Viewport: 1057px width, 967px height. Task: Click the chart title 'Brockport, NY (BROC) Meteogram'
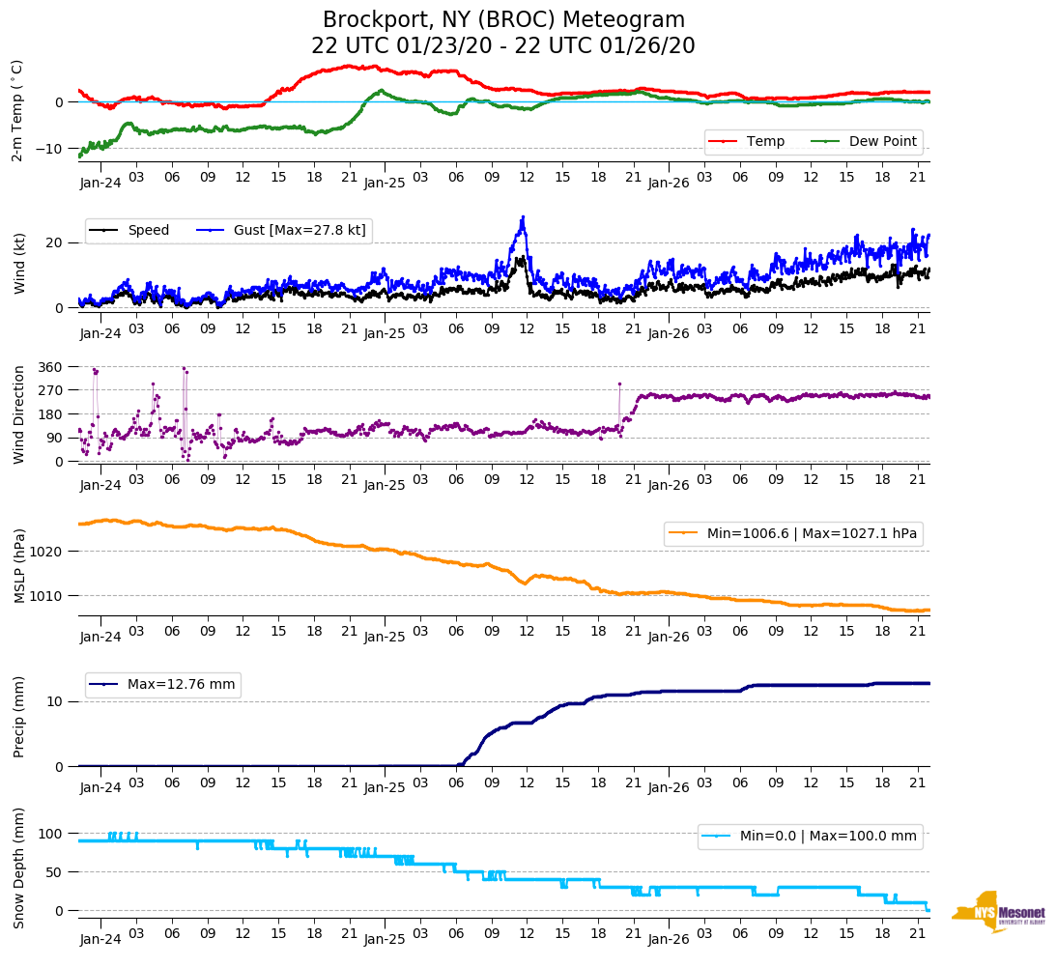[503, 20]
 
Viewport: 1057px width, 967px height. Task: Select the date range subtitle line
[503, 46]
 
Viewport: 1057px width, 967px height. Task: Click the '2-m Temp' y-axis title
[17, 109]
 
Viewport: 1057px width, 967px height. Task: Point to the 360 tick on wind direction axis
[50, 367]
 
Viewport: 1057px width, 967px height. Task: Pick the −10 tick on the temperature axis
[46, 149]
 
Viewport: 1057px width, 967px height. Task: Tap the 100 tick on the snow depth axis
[50, 834]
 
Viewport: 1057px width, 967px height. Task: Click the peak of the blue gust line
[523, 217]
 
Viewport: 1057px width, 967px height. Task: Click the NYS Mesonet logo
[998, 911]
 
